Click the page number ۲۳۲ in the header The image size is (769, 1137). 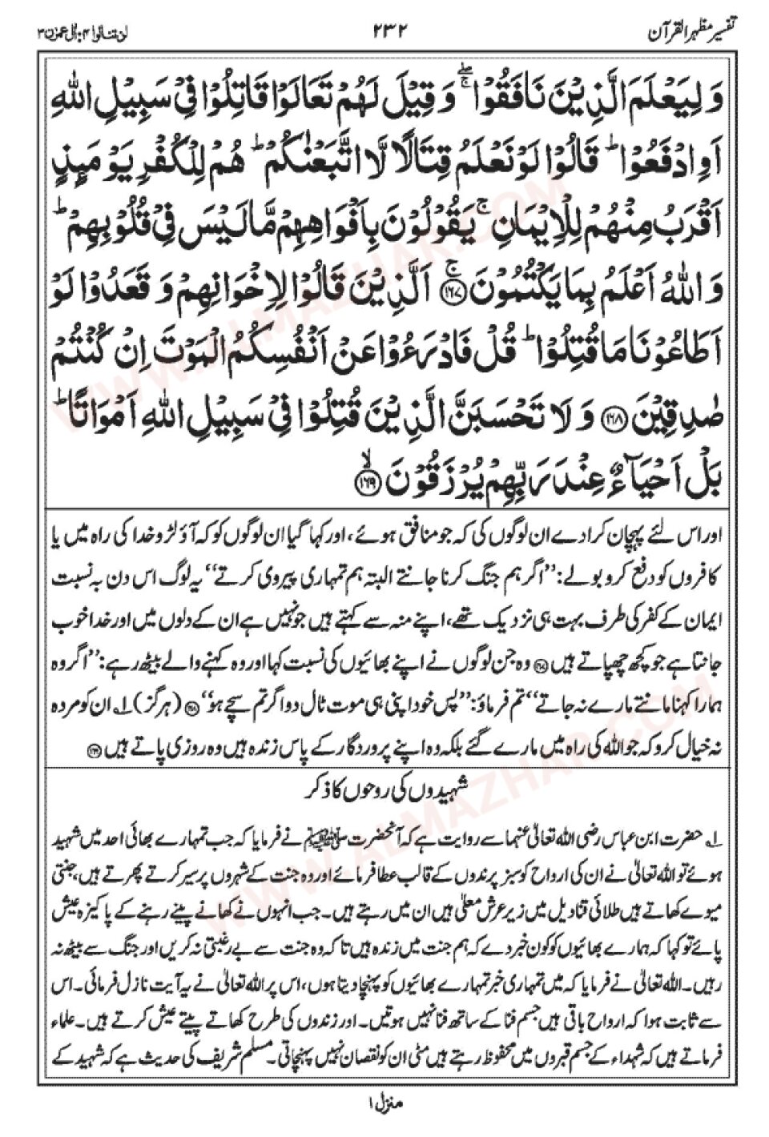click(385, 31)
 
